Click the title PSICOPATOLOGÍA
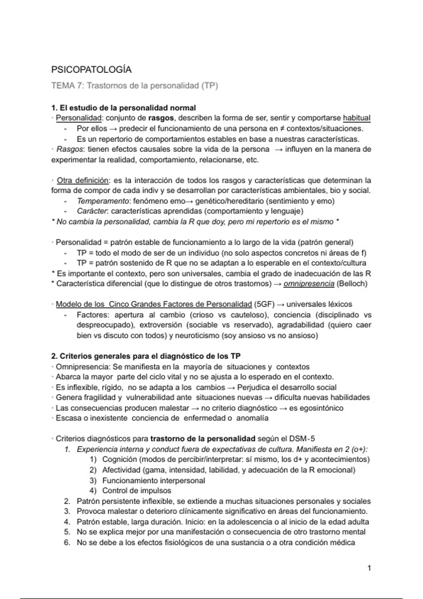[x=91, y=70]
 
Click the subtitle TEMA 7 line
[x=135, y=86]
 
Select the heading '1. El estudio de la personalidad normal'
[x=123, y=107]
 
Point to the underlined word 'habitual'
[x=356, y=118]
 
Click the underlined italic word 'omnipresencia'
[x=309, y=284]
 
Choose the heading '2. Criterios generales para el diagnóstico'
[x=146, y=356]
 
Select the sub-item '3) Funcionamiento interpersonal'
[x=153, y=481]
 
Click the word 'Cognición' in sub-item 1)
[x=119, y=459]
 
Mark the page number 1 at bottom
[x=369, y=568]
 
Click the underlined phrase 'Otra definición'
[x=83, y=181]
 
